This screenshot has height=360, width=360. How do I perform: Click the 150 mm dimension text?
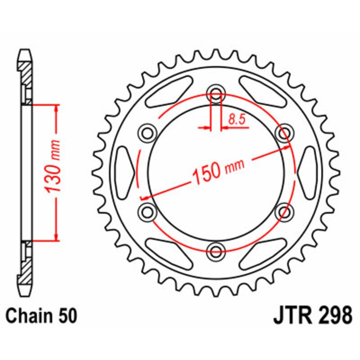coord(218,171)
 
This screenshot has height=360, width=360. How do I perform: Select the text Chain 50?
coord(42,315)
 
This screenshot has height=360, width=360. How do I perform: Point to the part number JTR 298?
coord(312,315)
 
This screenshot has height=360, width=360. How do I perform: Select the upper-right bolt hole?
coord(283,133)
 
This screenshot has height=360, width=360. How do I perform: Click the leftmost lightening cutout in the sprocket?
coord(125,171)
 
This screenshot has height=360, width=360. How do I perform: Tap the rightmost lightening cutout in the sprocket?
coord(307,171)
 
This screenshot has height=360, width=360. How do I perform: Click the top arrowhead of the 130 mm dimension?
coord(56,108)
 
